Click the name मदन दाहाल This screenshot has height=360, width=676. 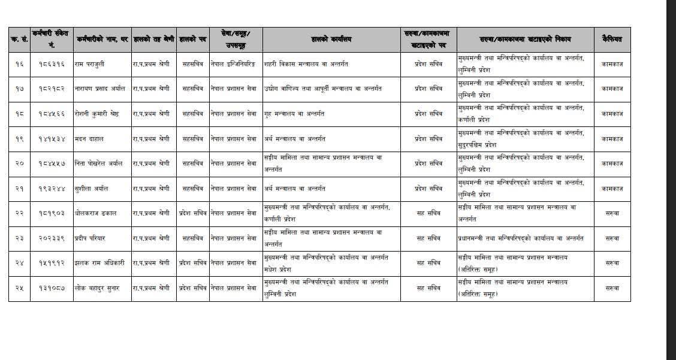tap(89, 138)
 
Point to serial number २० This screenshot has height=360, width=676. tap(19, 163)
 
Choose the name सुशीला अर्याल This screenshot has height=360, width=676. tap(93, 188)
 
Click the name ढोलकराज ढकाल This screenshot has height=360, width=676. tap(96, 213)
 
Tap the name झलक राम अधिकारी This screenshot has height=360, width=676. tap(99, 262)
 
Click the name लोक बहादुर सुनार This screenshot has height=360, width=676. tap(97, 288)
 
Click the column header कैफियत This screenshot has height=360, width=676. tap(612, 40)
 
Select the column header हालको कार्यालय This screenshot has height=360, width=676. tap(331, 40)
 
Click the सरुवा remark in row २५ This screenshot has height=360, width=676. tap(612, 288)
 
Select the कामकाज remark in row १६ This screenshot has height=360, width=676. tap(612, 63)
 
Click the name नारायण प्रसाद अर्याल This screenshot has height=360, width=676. tap(100, 89)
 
